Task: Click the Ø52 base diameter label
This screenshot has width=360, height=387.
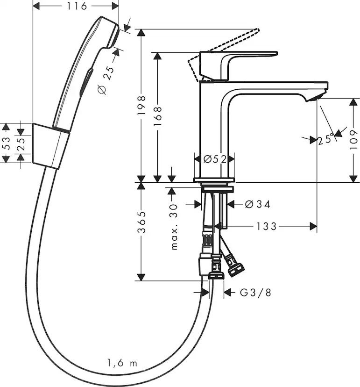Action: click(214, 159)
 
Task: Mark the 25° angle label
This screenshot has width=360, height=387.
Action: click(326, 139)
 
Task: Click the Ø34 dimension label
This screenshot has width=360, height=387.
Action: click(257, 204)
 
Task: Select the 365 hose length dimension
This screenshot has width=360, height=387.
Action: click(142, 223)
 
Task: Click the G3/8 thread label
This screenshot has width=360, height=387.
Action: click(255, 293)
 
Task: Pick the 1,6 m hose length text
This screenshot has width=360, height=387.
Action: click(122, 363)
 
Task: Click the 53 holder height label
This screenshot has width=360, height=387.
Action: click(6, 143)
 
